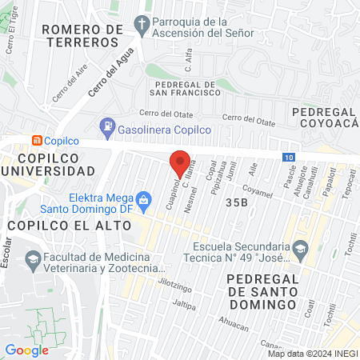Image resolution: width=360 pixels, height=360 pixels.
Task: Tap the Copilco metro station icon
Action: pos(37,140)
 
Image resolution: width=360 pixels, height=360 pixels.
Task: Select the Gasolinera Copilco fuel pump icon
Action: pos(106,126)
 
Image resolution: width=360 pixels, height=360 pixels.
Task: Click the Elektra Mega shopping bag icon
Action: pos(144,198)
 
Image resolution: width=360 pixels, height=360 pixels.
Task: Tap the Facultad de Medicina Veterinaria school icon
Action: pos(33,258)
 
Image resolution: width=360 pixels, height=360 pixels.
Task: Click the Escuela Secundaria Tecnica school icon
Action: pos(300,248)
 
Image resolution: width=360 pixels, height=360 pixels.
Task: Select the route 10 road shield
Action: pos(288,157)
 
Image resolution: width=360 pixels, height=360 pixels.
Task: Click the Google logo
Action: pos(26,350)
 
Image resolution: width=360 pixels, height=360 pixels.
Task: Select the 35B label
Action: pos(236,202)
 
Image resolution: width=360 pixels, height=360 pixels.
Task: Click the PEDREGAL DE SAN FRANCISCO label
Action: pos(183,88)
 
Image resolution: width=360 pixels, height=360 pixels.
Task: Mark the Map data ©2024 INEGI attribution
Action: pos(312,354)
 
